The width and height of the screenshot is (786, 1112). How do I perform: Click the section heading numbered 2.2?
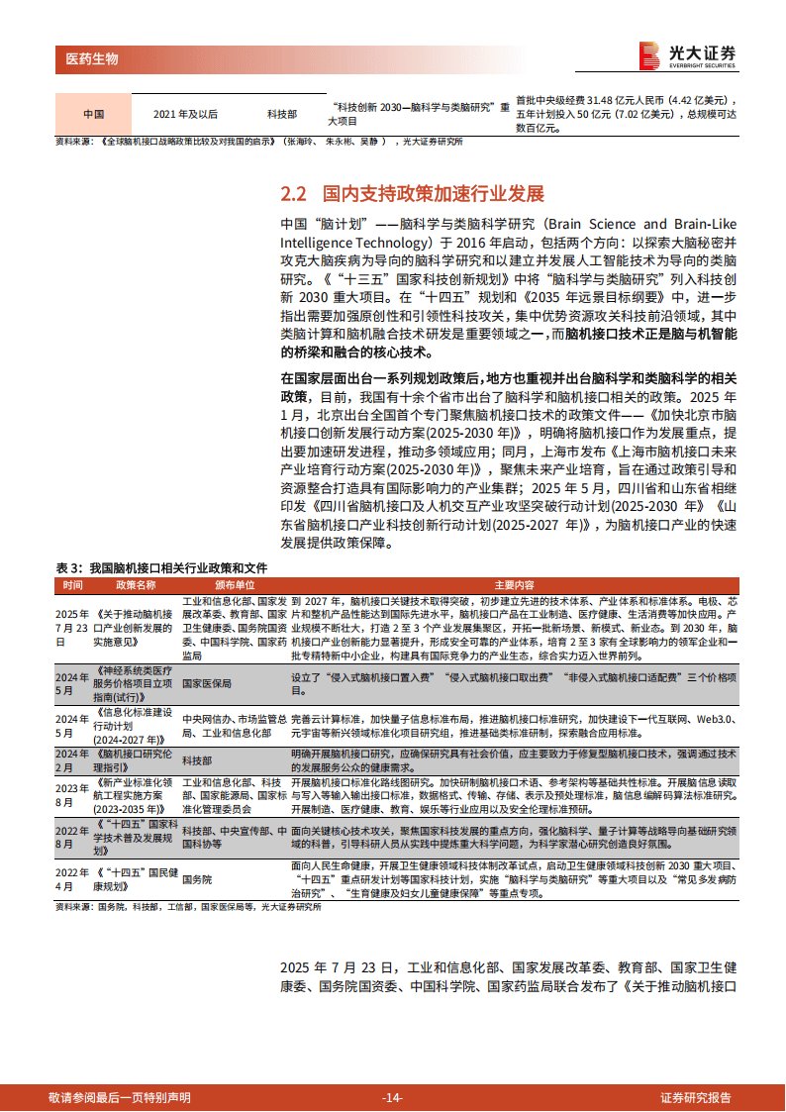pos(413,193)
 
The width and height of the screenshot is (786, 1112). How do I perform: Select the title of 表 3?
pos(161,568)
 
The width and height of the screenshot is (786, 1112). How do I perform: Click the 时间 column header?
pos(74,584)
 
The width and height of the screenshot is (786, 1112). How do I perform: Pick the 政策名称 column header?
pos(136,584)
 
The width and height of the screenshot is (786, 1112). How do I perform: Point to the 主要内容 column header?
pos(514,584)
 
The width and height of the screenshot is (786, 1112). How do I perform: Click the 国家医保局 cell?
pos(208,683)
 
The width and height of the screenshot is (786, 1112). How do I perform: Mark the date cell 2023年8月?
pos(72,795)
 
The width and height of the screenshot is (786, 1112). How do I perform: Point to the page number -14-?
pos(392,1097)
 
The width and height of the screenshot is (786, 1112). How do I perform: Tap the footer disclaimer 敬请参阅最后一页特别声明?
pos(120,1097)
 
